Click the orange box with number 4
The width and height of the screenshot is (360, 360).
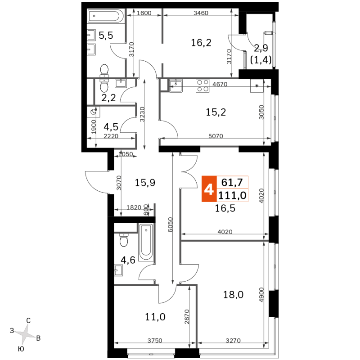tap(209, 189)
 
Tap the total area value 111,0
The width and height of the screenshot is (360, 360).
tap(232, 196)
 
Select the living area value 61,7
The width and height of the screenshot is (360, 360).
tap(232, 183)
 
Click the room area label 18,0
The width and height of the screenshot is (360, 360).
tap(233, 294)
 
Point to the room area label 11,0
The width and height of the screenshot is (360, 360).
tap(155, 317)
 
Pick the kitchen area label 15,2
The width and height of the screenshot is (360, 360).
tap(216, 112)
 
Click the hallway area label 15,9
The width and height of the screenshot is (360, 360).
tap(145, 183)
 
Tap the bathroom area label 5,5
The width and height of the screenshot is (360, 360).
tap(106, 36)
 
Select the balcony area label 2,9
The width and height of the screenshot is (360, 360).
tap(261, 48)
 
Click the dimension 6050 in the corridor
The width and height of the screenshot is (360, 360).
tap(170, 225)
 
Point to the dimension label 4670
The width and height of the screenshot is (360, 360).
tap(220, 84)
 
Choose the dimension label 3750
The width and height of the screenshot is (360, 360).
tap(155, 341)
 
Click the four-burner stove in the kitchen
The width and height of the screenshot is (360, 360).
tap(202, 85)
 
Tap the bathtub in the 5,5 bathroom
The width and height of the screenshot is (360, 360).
tap(106, 16)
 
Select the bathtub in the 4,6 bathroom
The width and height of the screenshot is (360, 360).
tap(146, 242)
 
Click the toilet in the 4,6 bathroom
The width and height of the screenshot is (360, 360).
tap(124, 240)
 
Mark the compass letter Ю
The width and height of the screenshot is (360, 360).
tap(21, 349)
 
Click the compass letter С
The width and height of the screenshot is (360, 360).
tap(28, 320)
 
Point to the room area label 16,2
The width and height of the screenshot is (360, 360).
tap(201, 43)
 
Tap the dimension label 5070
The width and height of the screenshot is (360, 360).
tap(216, 136)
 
